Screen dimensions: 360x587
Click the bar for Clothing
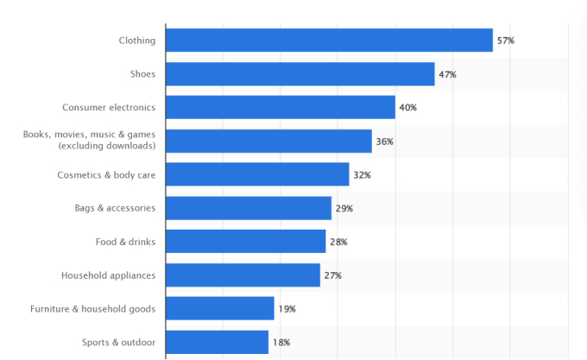click(329, 40)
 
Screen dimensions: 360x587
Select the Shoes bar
click(300, 74)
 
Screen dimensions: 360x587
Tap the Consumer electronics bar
click(280, 107)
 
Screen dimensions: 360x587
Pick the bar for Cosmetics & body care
click(257, 174)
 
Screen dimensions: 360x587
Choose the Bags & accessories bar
click(249, 208)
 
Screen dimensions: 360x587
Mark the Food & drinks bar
click(245, 242)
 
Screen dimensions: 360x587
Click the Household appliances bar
click(243, 275)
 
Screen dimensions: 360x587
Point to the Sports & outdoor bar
click(217, 343)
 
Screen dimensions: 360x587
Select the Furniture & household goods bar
click(219, 309)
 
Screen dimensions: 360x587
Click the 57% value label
click(505, 41)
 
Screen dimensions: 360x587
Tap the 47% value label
click(447, 74)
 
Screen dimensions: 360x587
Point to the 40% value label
click(407, 108)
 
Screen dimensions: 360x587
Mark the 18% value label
click(281, 343)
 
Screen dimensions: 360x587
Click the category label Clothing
click(137, 40)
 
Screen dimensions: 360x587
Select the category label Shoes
click(142, 74)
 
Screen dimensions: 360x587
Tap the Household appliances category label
click(109, 275)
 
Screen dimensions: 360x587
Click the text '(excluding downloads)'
click(107, 147)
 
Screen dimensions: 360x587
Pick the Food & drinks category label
click(125, 242)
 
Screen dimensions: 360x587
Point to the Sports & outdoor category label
click(119, 343)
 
